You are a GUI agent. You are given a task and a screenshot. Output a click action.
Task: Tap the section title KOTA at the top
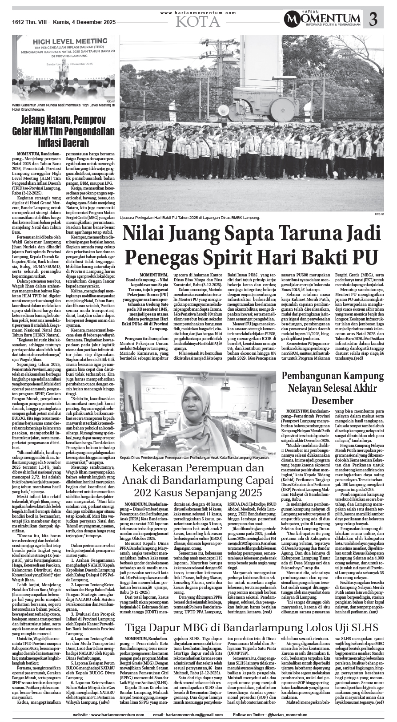(198, 21)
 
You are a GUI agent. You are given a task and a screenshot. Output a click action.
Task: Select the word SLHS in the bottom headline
(359, 628)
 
